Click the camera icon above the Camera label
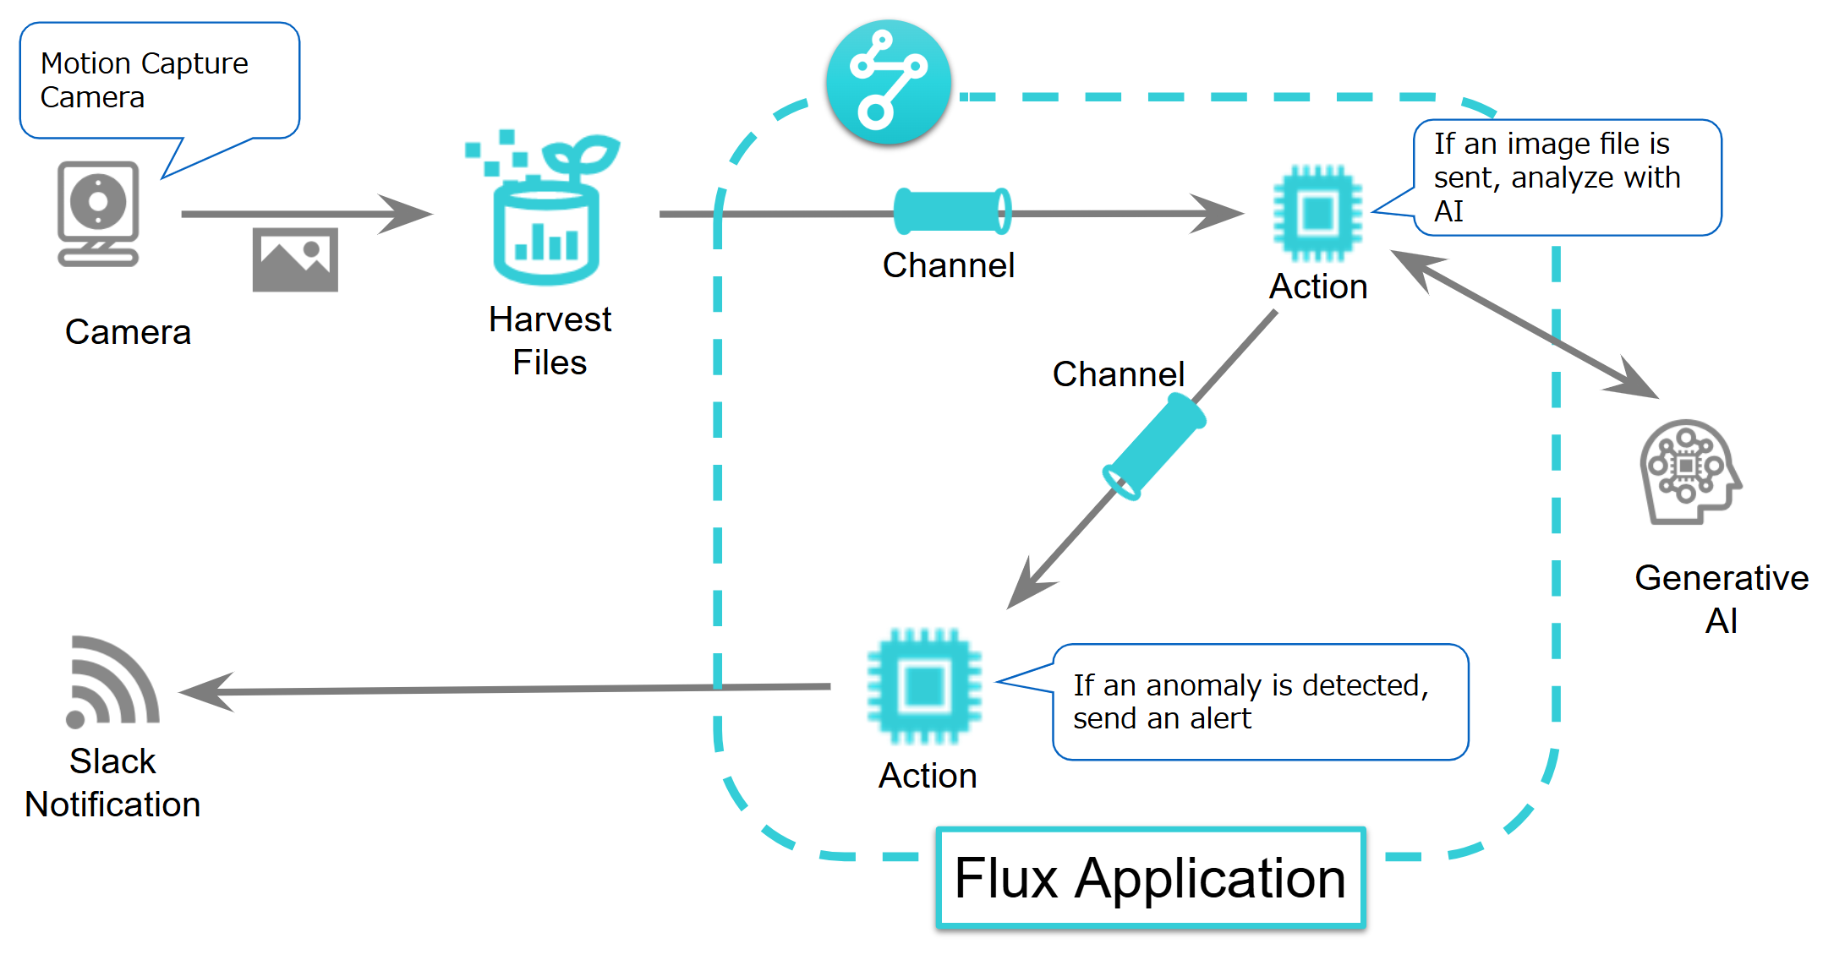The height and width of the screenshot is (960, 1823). pos(98,213)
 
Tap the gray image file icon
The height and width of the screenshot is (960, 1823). pos(295,259)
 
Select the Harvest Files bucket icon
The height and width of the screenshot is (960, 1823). pos(545,220)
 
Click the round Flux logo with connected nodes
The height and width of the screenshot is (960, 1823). pos(888,82)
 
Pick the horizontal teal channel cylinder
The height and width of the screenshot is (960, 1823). pos(952,211)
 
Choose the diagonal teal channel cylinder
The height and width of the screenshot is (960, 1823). pos(1155,449)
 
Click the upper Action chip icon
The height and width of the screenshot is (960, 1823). pos(1317,213)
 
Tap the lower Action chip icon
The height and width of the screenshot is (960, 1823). pos(924,685)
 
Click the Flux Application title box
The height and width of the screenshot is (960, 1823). pos(1150,878)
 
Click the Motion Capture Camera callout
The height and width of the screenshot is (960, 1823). pos(159,80)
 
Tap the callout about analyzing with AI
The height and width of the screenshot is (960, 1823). pos(1567,177)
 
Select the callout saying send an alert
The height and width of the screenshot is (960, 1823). pos(1259,701)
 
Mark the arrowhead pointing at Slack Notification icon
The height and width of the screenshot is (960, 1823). pos(203,692)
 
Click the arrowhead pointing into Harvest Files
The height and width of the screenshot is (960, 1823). pos(409,214)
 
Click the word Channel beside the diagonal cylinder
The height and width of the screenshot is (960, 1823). pos(1118,374)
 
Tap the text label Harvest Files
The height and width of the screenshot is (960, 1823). pos(550,341)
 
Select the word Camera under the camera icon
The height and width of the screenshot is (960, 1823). pos(128,332)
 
